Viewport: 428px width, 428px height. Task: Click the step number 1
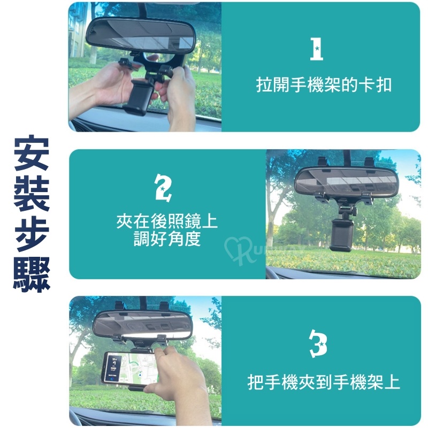[317, 49]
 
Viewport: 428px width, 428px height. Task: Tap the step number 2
[163, 188]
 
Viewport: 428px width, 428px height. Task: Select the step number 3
[318, 343]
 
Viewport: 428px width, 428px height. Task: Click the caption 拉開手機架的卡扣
[324, 85]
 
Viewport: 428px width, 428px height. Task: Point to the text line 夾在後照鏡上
[167, 221]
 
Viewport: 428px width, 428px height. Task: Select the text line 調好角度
[167, 239]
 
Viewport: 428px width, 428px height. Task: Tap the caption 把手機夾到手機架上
[324, 382]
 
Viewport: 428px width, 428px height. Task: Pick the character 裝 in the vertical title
[32, 193]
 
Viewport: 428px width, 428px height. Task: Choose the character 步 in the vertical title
[32, 233]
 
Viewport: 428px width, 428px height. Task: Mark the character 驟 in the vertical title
[32, 274]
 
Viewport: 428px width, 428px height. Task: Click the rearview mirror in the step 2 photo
[346, 181]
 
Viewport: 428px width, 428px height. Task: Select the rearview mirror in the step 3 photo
[143, 325]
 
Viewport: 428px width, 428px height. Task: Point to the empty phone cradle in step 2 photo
[341, 235]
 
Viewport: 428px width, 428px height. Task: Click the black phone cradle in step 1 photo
[138, 97]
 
